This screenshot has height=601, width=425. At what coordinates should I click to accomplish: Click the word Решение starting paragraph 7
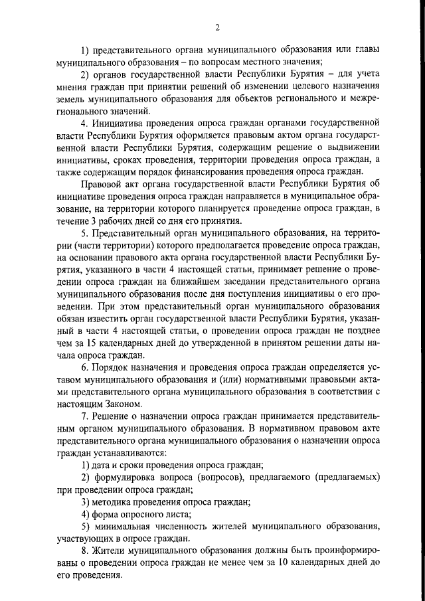pyautogui.click(x=114, y=416)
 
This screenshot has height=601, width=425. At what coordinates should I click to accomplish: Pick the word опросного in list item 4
pyautogui.click(x=136, y=514)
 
